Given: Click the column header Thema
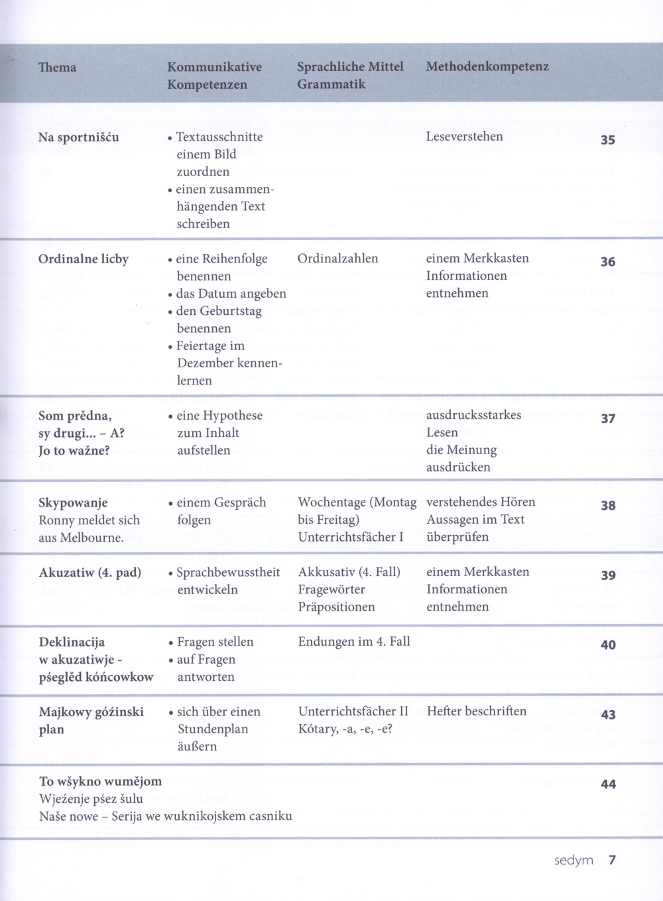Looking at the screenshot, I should pyautogui.click(x=57, y=67).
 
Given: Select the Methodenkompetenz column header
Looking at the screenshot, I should pyautogui.click(x=487, y=66).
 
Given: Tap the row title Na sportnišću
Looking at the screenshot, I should pyautogui.click(x=78, y=137).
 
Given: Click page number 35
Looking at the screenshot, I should pyautogui.click(x=607, y=140).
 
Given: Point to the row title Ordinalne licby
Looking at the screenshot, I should pyautogui.click(x=83, y=259).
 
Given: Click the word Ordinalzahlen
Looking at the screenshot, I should pyautogui.click(x=337, y=258).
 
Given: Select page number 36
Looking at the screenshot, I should pyautogui.click(x=607, y=262).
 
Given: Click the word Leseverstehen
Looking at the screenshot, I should pyautogui.click(x=464, y=137).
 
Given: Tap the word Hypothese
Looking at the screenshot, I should pyautogui.click(x=232, y=416).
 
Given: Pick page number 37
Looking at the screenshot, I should pyautogui.click(x=607, y=419).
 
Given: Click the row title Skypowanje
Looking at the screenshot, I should pyautogui.click(x=73, y=503).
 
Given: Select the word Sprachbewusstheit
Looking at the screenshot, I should pyautogui.click(x=228, y=572).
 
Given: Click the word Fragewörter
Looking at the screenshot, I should pyautogui.click(x=331, y=589).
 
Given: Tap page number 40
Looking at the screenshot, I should pyautogui.click(x=607, y=644).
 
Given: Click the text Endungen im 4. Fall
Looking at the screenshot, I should pyautogui.click(x=354, y=641).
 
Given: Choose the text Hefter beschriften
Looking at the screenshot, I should pyautogui.click(x=476, y=711).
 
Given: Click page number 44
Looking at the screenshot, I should pyautogui.click(x=607, y=784).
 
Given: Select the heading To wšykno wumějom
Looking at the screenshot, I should pyautogui.click(x=100, y=781).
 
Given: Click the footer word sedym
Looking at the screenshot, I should pyautogui.click(x=573, y=861).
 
